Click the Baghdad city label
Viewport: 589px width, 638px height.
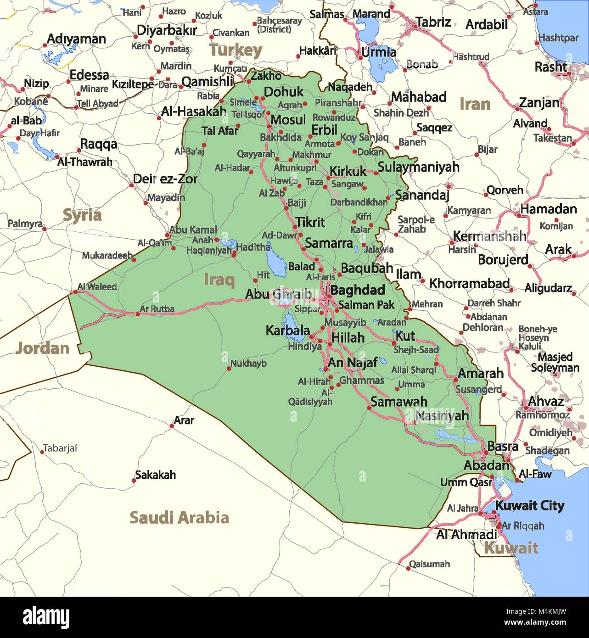pos(357,290)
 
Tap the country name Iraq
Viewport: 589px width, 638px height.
pos(219,279)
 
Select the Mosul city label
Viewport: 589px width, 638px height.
pos(288,120)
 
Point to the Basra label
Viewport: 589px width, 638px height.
pos(503,446)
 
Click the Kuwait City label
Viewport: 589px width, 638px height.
pos(529,506)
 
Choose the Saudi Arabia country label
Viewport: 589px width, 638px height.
pos(179,517)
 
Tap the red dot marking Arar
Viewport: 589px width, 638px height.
pos(172,426)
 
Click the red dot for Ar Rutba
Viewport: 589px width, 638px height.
pos(137,314)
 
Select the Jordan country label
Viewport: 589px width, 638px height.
pos(42,348)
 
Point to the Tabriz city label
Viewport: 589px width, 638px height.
pos(433,22)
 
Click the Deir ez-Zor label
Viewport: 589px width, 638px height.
pos(165,179)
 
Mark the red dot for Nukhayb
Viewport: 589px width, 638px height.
pos(229,368)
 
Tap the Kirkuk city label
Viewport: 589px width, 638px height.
pos(348,171)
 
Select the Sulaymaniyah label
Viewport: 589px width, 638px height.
pos(418,167)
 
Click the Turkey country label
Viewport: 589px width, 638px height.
pos(236,50)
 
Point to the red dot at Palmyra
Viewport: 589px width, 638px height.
pos(45,228)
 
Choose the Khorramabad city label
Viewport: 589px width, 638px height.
pos(469,283)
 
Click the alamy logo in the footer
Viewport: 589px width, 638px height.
pos(46,616)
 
